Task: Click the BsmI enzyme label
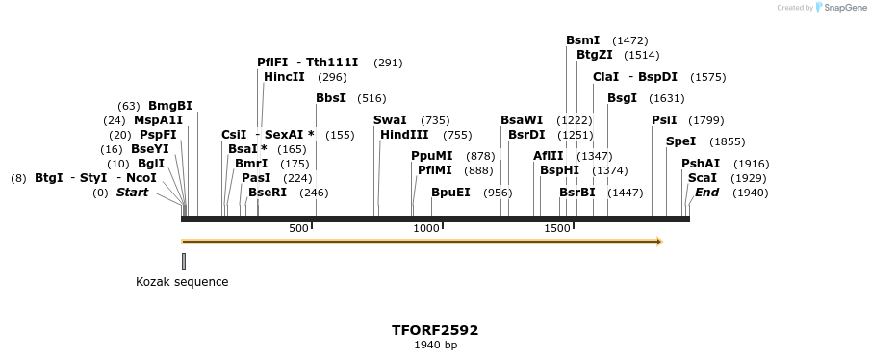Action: (582, 40)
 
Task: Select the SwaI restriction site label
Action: (390, 120)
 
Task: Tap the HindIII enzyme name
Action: (404, 135)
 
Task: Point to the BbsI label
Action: (330, 98)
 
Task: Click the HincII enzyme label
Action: (284, 77)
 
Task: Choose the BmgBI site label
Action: (169, 106)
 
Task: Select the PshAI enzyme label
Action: (701, 164)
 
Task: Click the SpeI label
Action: (680, 141)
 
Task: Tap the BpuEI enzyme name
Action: (450, 193)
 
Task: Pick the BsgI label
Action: (622, 98)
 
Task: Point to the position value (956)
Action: (498, 193)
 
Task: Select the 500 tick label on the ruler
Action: (298, 228)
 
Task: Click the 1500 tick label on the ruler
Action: (557, 228)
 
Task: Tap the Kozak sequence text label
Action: (182, 282)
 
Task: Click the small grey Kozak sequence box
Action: (184, 261)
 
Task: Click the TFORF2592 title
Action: (435, 330)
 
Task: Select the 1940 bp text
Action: (435, 345)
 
